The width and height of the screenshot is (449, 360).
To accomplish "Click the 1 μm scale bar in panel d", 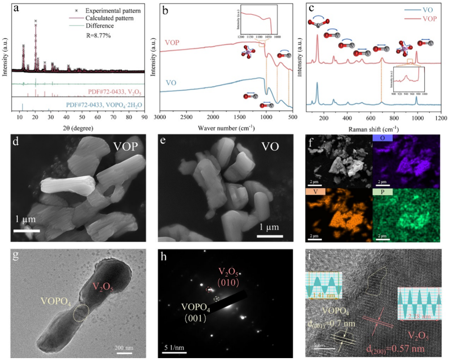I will (x=26, y=230).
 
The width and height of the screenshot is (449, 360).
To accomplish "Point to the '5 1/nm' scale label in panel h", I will (x=175, y=348).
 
